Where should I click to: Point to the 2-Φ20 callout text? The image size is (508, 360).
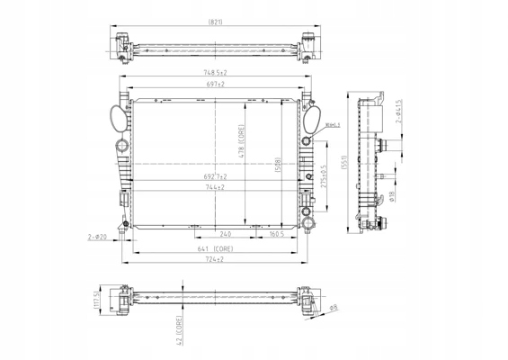click(x=97, y=236)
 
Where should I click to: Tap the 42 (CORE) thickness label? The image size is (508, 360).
click(x=180, y=330)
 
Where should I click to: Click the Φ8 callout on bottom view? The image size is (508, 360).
click(x=334, y=310)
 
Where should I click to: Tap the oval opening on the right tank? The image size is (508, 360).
click(x=314, y=116)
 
